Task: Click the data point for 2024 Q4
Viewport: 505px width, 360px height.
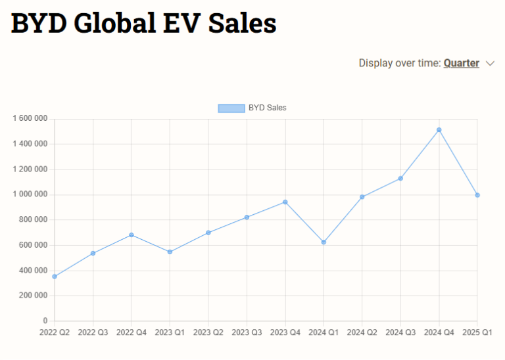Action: (x=439, y=130)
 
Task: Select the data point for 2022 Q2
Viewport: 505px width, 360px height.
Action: (x=55, y=277)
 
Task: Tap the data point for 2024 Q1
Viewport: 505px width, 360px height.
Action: (x=324, y=242)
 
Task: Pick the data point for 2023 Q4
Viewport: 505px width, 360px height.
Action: (x=285, y=202)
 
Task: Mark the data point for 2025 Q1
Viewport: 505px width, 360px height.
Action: (x=477, y=195)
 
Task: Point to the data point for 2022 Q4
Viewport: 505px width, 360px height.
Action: (x=132, y=235)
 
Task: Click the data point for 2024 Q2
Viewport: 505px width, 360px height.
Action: (x=362, y=197)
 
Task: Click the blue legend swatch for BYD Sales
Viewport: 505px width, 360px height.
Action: (x=231, y=108)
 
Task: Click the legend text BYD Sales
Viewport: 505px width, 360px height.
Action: (x=267, y=108)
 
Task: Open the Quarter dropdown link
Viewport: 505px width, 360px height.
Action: (x=461, y=64)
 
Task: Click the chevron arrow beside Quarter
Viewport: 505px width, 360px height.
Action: (x=490, y=64)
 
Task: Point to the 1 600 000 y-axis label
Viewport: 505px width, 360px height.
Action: (x=30, y=119)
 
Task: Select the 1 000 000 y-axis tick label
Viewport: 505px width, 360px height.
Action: (x=30, y=194)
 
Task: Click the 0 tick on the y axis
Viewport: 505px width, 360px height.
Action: (x=45, y=321)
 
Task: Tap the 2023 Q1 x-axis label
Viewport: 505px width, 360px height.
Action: (x=170, y=333)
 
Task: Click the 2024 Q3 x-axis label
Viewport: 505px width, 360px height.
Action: (x=400, y=333)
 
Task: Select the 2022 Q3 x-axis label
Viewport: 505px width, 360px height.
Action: (x=93, y=333)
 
